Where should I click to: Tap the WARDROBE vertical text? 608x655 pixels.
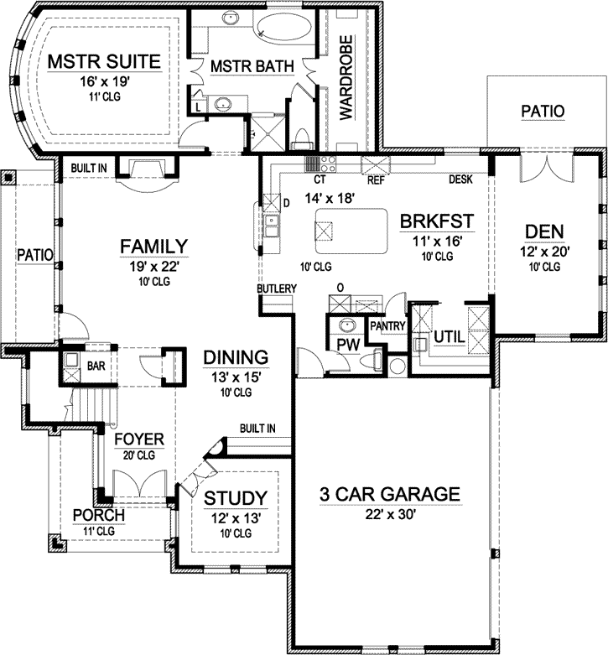[345, 76]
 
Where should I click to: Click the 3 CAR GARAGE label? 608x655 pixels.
[390, 494]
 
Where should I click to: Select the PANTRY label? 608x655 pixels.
[387, 326]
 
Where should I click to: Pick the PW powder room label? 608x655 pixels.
[347, 344]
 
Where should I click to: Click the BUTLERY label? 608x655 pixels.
[277, 289]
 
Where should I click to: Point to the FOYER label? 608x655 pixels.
[140, 439]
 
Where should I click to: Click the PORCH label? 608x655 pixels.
[98, 515]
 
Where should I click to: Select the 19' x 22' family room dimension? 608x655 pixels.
[152, 266]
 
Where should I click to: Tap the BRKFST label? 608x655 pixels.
[437, 221]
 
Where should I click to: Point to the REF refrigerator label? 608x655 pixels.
[375, 179]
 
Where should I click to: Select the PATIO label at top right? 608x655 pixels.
[543, 111]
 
